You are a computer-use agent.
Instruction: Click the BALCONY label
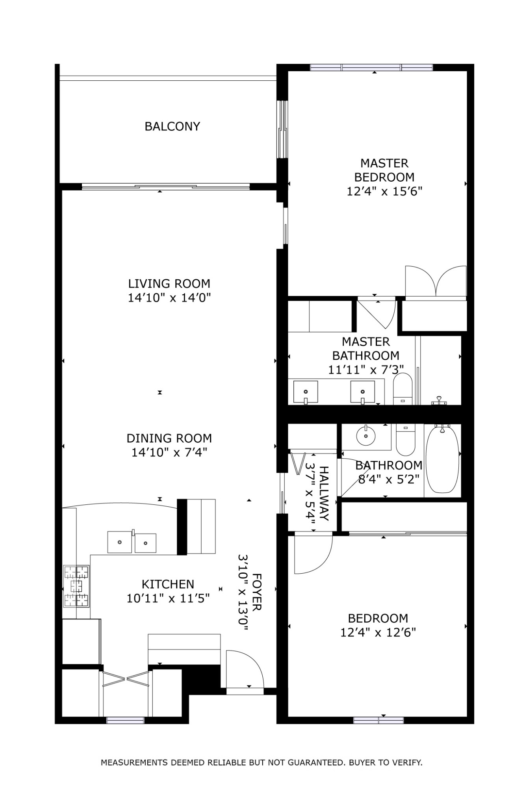click(172, 126)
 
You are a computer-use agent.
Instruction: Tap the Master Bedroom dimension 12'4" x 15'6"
click(384, 191)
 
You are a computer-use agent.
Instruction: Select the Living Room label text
click(169, 283)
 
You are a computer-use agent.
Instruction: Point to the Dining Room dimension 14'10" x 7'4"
click(169, 452)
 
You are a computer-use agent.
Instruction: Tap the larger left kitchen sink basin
click(120, 542)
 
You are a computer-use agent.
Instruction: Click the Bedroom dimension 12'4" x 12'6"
click(378, 632)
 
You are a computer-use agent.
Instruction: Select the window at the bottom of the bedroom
click(378, 720)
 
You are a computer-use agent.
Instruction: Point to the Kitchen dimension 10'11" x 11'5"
click(168, 598)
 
